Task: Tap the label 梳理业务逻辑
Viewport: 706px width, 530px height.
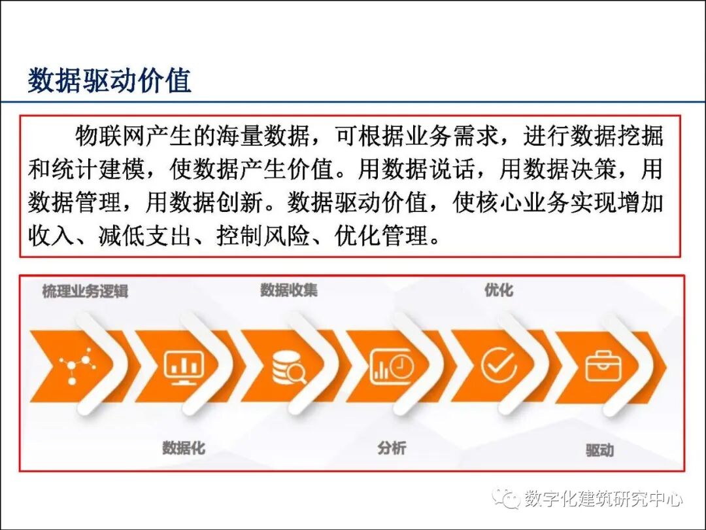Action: point(85,291)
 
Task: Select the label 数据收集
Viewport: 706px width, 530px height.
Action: point(289,290)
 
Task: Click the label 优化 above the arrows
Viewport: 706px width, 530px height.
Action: point(499,290)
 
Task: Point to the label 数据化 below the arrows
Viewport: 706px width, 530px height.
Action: point(184,448)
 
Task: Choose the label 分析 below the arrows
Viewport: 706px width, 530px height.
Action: point(392,448)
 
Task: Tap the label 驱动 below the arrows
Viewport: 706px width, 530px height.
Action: point(599,450)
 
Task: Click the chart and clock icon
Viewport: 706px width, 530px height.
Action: point(392,366)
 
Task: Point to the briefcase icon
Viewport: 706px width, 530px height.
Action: point(602,366)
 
